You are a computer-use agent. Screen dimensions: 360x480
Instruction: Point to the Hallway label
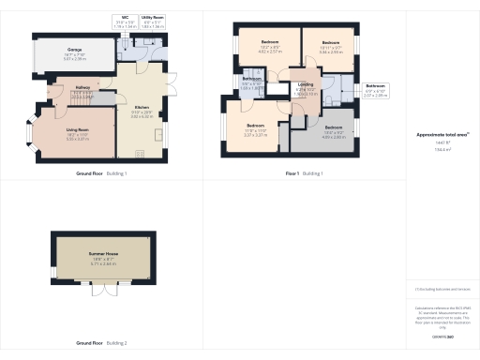(82, 92)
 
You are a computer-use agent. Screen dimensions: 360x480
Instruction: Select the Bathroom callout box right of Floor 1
(374, 92)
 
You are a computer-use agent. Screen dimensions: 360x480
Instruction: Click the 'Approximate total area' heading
(437, 135)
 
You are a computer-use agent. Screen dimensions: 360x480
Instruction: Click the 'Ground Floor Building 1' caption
(101, 173)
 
